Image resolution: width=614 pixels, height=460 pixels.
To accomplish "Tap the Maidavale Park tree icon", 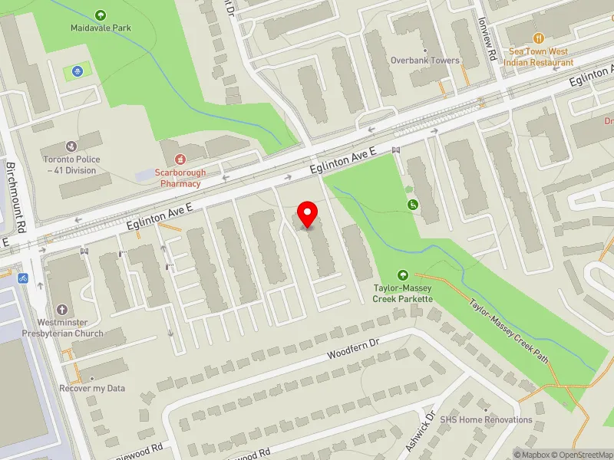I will (x=101, y=15).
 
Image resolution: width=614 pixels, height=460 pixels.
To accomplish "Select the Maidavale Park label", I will (x=101, y=28).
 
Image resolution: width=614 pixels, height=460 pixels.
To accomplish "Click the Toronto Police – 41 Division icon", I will (x=71, y=146).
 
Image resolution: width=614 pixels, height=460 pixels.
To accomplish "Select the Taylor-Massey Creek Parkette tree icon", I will (x=403, y=275).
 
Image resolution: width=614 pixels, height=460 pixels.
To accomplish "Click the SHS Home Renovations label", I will (x=486, y=419).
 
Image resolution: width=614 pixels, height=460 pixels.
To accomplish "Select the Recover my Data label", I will (x=92, y=388).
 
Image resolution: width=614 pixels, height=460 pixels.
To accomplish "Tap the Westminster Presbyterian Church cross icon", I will (x=62, y=310).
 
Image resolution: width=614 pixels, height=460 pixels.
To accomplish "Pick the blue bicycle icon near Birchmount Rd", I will (x=23, y=278).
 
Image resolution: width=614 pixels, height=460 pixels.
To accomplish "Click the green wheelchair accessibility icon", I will (x=413, y=204).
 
